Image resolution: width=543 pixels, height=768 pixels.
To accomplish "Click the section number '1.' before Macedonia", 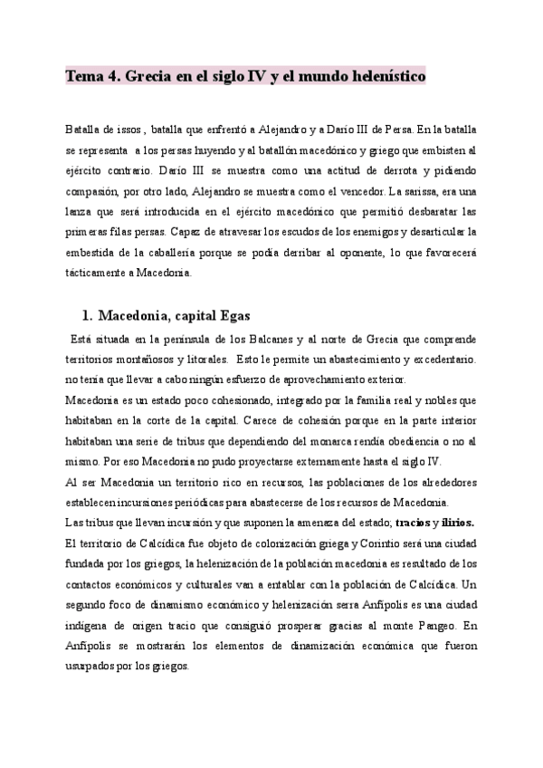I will point(88,315).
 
